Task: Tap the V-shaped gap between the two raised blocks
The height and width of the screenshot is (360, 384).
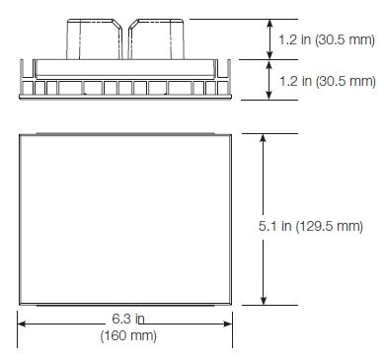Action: [x=126, y=24]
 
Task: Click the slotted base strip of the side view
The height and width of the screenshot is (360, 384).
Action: [x=126, y=88]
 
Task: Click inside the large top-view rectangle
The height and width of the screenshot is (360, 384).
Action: [x=126, y=219]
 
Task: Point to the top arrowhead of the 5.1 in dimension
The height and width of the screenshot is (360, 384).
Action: [x=263, y=139]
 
